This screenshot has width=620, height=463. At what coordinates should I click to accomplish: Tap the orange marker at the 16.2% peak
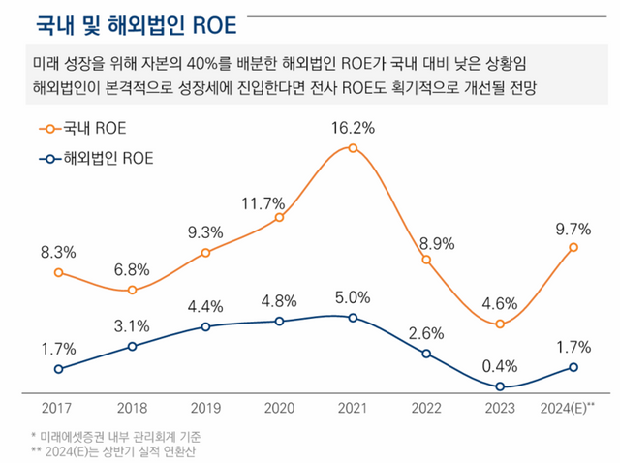[x=353, y=148]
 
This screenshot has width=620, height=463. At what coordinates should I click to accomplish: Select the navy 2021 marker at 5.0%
[x=353, y=318]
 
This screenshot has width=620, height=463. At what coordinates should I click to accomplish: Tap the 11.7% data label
[x=263, y=203]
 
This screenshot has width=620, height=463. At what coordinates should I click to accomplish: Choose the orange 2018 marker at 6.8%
[x=133, y=290]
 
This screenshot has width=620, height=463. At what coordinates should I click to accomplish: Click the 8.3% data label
[x=58, y=252]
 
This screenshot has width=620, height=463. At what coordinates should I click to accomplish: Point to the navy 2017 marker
[x=59, y=368]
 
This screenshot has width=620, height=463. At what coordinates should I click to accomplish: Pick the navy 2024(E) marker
[x=573, y=366]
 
